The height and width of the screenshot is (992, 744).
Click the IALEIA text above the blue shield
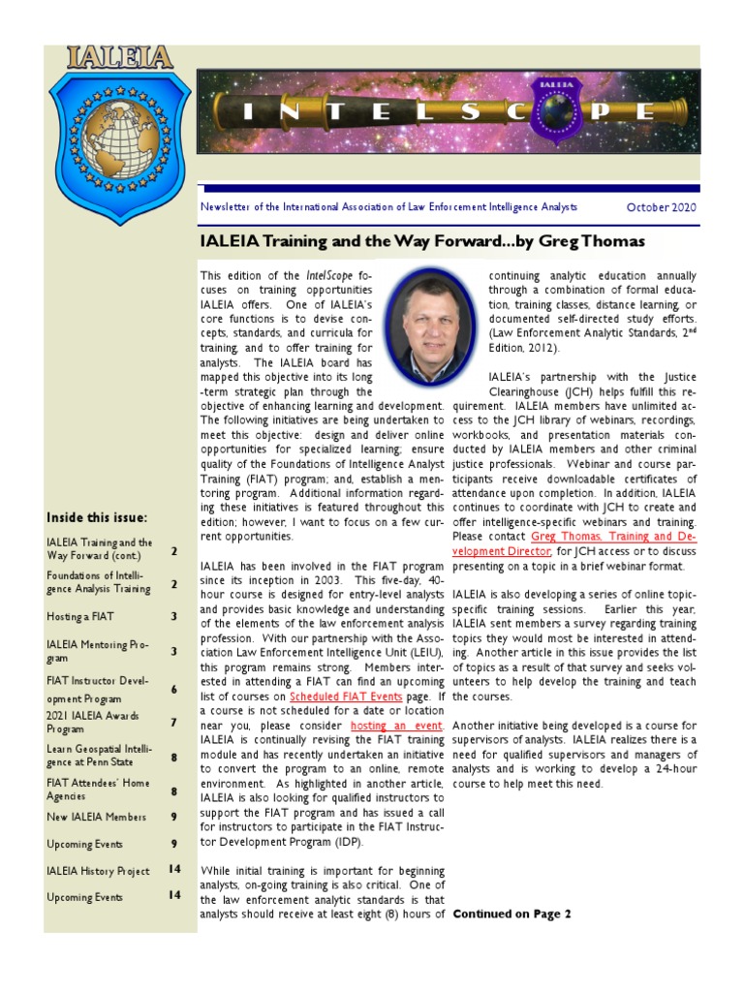coord(119,57)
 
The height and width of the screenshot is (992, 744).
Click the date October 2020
coord(661,207)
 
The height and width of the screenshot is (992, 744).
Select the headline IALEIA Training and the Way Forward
coord(421,240)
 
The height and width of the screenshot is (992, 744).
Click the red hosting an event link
coord(397,726)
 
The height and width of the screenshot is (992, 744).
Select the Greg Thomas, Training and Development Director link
coord(612,543)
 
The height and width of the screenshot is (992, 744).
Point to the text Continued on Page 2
coord(511,914)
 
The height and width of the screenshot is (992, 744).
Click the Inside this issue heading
coord(97,517)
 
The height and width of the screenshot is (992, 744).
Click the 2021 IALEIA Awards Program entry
coord(93,722)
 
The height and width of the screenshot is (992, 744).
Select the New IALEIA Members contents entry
coord(97,818)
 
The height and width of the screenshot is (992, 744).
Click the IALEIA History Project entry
coord(98,871)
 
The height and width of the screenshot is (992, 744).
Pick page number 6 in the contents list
coord(173,689)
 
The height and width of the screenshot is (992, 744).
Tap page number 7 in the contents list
coord(173,722)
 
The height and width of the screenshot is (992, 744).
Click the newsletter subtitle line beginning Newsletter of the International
coord(387,207)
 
